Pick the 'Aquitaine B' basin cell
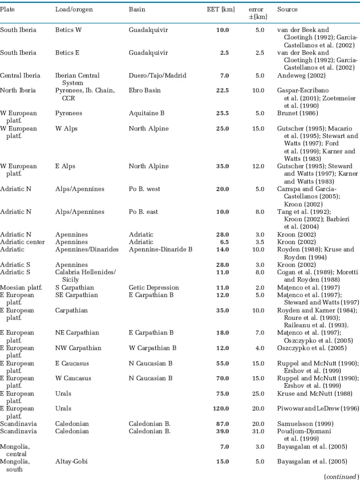(147, 113)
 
